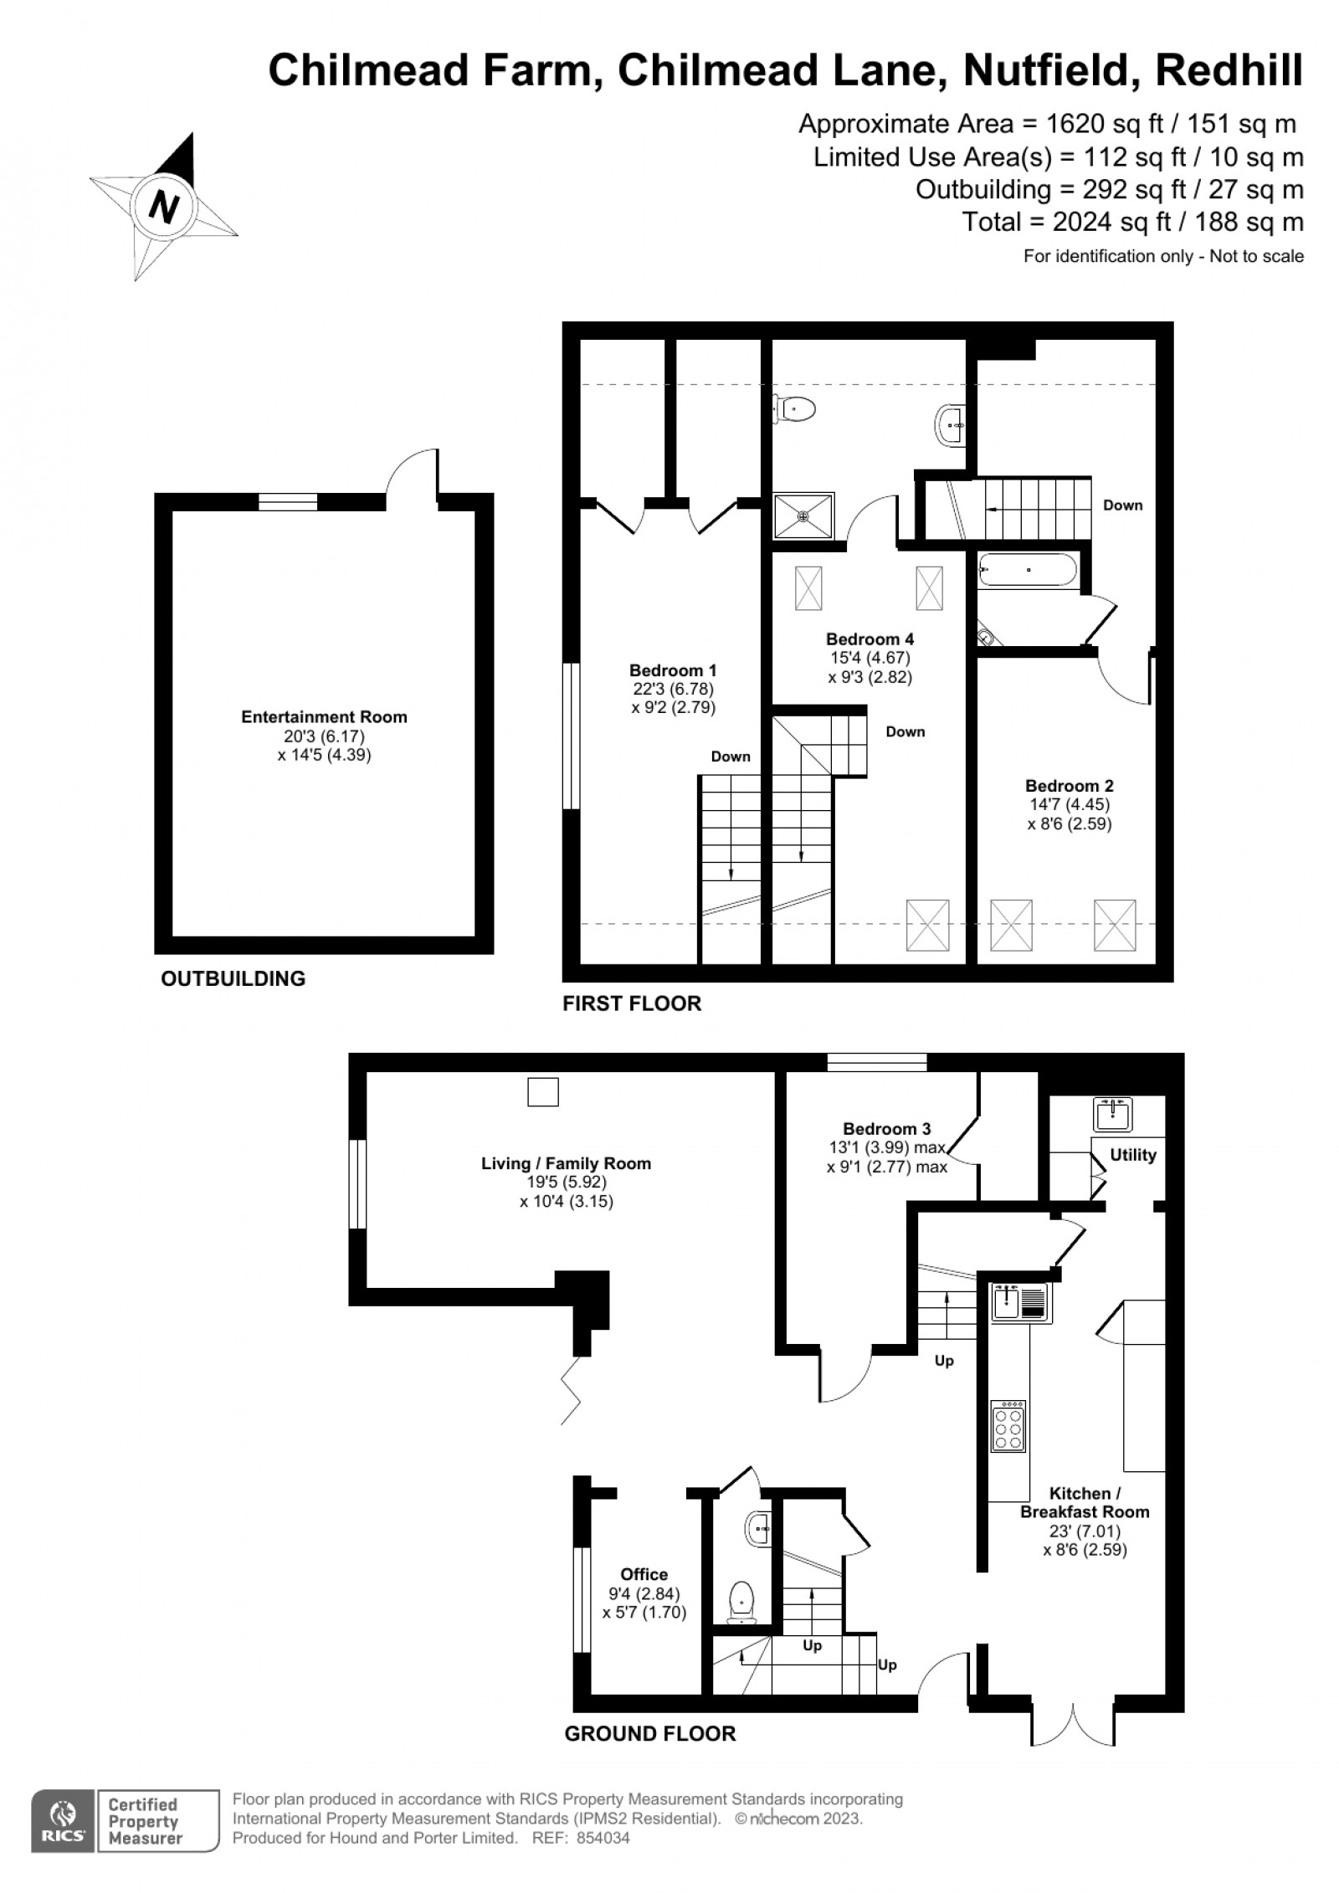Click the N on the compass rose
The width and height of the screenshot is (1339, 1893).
coord(164,204)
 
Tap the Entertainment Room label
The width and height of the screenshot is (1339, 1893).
coord(324,716)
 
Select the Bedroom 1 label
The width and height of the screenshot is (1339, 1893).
coord(673,670)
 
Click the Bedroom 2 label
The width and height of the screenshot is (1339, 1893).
coord(1070,786)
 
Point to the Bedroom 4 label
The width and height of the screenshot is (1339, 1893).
coord(870,639)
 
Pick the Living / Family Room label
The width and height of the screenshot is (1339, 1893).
coord(566,1163)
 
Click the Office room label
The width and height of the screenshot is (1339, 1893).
coord(644,1574)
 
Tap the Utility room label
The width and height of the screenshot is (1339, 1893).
coord(1132,1155)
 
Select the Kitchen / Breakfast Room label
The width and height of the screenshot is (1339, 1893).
coord(1085,1502)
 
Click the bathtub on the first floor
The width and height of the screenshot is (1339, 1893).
coord(1028,570)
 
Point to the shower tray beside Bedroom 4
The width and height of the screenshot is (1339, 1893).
coord(803,516)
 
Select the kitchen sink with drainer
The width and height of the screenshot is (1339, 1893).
coord(1021,1302)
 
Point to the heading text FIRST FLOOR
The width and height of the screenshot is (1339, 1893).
coord(632,1003)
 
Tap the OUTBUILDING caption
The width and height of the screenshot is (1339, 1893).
coord(233,978)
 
